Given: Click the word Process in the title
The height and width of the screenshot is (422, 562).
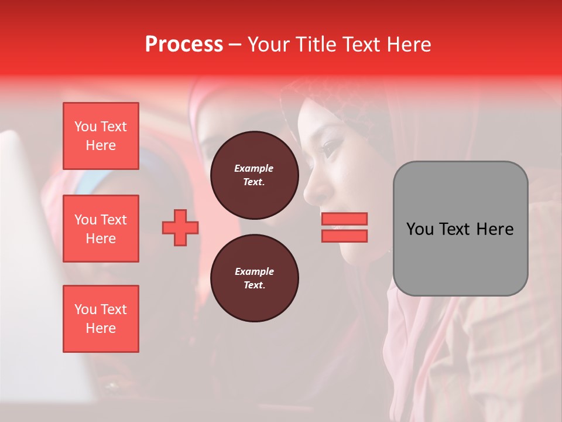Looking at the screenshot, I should (x=184, y=45).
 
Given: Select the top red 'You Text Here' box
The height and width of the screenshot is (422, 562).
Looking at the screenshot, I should (x=101, y=136).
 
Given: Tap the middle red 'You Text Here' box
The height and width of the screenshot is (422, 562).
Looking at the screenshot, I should (x=101, y=229).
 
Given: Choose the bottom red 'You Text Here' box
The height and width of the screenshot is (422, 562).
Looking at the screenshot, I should (x=101, y=318).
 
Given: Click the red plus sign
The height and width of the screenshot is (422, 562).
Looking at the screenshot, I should (x=180, y=227).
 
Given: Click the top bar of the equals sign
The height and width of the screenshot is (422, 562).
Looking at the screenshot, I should (x=344, y=219).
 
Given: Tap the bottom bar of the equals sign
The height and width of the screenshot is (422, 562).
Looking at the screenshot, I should (x=344, y=236).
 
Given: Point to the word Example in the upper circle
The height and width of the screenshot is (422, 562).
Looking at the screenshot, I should (x=254, y=168).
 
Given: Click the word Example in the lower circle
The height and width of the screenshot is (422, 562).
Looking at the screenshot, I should (x=254, y=271).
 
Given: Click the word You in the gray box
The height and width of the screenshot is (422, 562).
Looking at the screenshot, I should (x=420, y=229).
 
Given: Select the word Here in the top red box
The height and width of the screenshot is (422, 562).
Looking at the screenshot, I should (x=101, y=145).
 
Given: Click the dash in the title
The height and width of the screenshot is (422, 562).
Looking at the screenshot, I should (x=235, y=45).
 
